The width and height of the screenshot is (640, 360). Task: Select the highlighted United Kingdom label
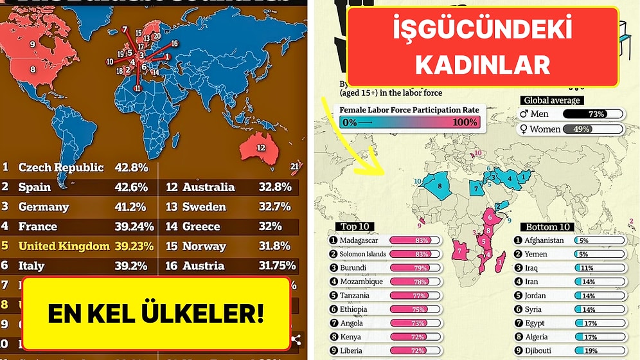click(64, 246)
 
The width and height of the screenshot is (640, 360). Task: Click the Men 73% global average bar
click(592, 114)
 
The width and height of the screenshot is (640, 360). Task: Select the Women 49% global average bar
click(592, 129)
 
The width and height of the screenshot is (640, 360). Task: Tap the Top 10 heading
click(355, 226)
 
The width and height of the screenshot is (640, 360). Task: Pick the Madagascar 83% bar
click(414, 240)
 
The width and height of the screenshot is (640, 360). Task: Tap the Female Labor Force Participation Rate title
click(409, 109)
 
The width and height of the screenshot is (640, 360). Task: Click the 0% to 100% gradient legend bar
click(409, 122)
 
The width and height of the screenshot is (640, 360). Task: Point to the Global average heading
click(551, 100)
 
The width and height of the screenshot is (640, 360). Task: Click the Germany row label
click(43, 206)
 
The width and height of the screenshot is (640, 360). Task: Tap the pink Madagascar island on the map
click(501, 262)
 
